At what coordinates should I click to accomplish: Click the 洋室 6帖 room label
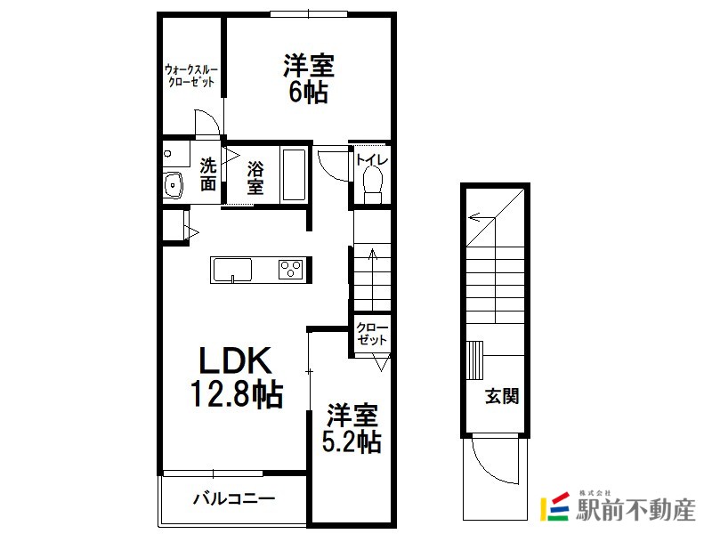[x=309, y=78]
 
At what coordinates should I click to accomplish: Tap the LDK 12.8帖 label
[x=236, y=376]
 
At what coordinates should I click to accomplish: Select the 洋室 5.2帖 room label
[x=352, y=428]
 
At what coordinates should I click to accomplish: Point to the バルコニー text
[x=234, y=498]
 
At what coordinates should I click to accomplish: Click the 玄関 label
[x=502, y=396]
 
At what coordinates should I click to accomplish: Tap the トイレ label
[x=372, y=160]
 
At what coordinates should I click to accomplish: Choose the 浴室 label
[x=255, y=178]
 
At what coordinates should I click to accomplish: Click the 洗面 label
[x=208, y=174]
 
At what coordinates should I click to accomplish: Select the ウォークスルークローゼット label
[x=191, y=76]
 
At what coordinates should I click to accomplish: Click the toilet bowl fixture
[x=373, y=184]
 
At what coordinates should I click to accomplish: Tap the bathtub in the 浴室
[x=294, y=174]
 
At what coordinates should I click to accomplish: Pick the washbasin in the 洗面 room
[x=173, y=185]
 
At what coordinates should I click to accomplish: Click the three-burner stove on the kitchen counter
[x=290, y=270]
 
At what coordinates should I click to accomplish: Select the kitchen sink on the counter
[x=232, y=271]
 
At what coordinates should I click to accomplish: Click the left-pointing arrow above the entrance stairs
[x=481, y=217]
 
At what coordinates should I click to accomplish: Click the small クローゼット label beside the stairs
[x=372, y=334]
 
